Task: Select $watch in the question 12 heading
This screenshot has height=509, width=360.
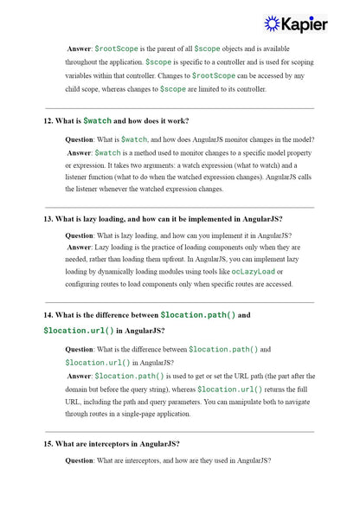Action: click(x=97, y=119)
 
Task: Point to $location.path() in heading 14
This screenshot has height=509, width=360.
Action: click(x=198, y=315)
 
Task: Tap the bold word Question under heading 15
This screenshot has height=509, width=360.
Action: click(x=83, y=460)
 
